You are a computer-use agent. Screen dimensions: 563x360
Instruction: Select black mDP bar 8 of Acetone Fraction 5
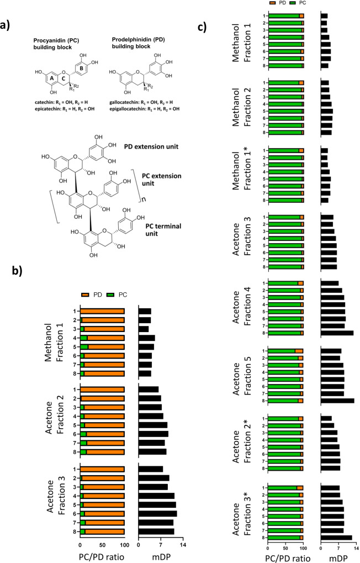[337, 401]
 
